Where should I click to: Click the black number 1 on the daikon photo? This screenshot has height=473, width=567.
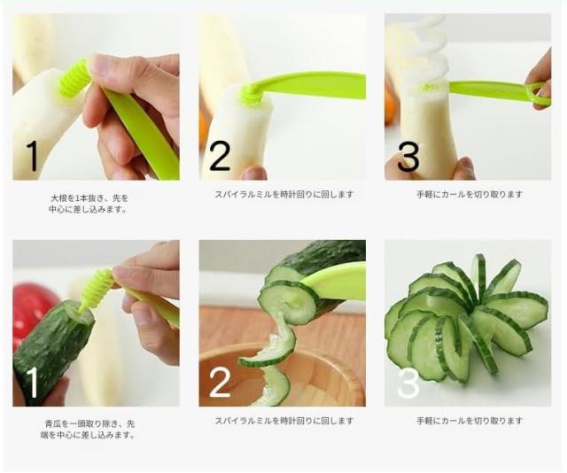(x=33, y=156)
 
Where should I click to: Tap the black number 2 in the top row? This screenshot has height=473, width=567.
(x=220, y=155)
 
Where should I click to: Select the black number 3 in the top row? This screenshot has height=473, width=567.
(x=408, y=156)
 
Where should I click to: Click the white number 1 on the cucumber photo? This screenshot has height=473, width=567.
(x=33, y=383)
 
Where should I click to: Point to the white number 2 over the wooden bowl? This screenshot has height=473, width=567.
(x=220, y=382)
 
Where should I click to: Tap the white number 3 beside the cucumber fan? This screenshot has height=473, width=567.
(x=408, y=383)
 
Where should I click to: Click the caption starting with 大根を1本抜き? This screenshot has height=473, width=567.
(x=89, y=204)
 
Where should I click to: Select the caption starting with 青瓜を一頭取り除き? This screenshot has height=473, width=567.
(x=89, y=430)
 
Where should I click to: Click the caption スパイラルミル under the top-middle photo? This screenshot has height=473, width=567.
(x=283, y=194)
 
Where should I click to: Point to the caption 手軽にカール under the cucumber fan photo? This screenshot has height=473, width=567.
(x=470, y=421)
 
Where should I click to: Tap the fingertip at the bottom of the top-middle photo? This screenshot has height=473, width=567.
(x=254, y=173)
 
